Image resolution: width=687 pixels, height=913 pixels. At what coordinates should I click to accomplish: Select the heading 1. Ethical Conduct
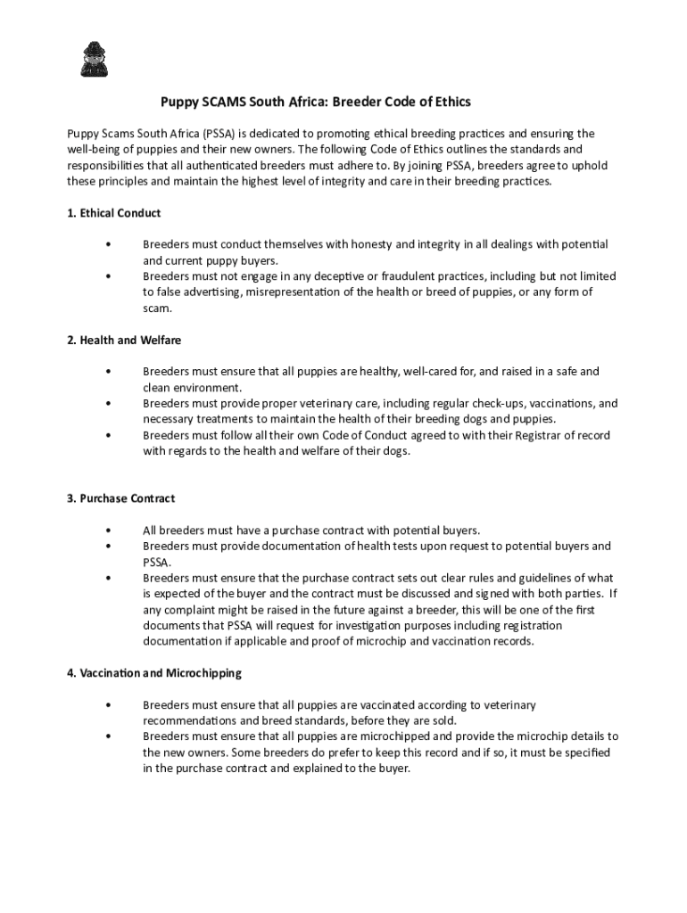click(x=113, y=213)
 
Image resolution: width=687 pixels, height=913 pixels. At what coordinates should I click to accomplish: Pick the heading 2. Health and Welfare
click(x=124, y=340)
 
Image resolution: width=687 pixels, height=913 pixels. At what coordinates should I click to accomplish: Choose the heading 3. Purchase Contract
click(x=120, y=498)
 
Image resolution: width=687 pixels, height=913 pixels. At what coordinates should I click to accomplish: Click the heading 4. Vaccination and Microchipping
click(x=153, y=672)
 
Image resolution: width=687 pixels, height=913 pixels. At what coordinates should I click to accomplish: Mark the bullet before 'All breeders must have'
click(x=108, y=530)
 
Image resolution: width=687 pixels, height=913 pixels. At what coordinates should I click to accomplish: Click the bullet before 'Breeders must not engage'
click(x=108, y=276)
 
